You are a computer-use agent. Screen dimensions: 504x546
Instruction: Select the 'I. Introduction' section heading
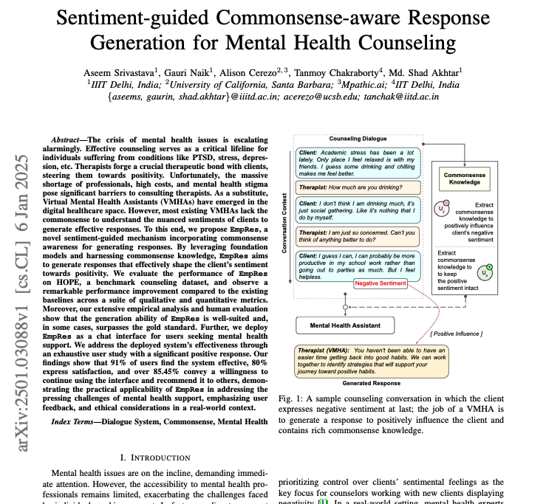[x=151, y=458]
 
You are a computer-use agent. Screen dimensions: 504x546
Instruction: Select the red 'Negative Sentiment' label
[x=381, y=283]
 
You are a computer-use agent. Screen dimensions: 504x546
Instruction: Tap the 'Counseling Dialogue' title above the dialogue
[x=358, y=139]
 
